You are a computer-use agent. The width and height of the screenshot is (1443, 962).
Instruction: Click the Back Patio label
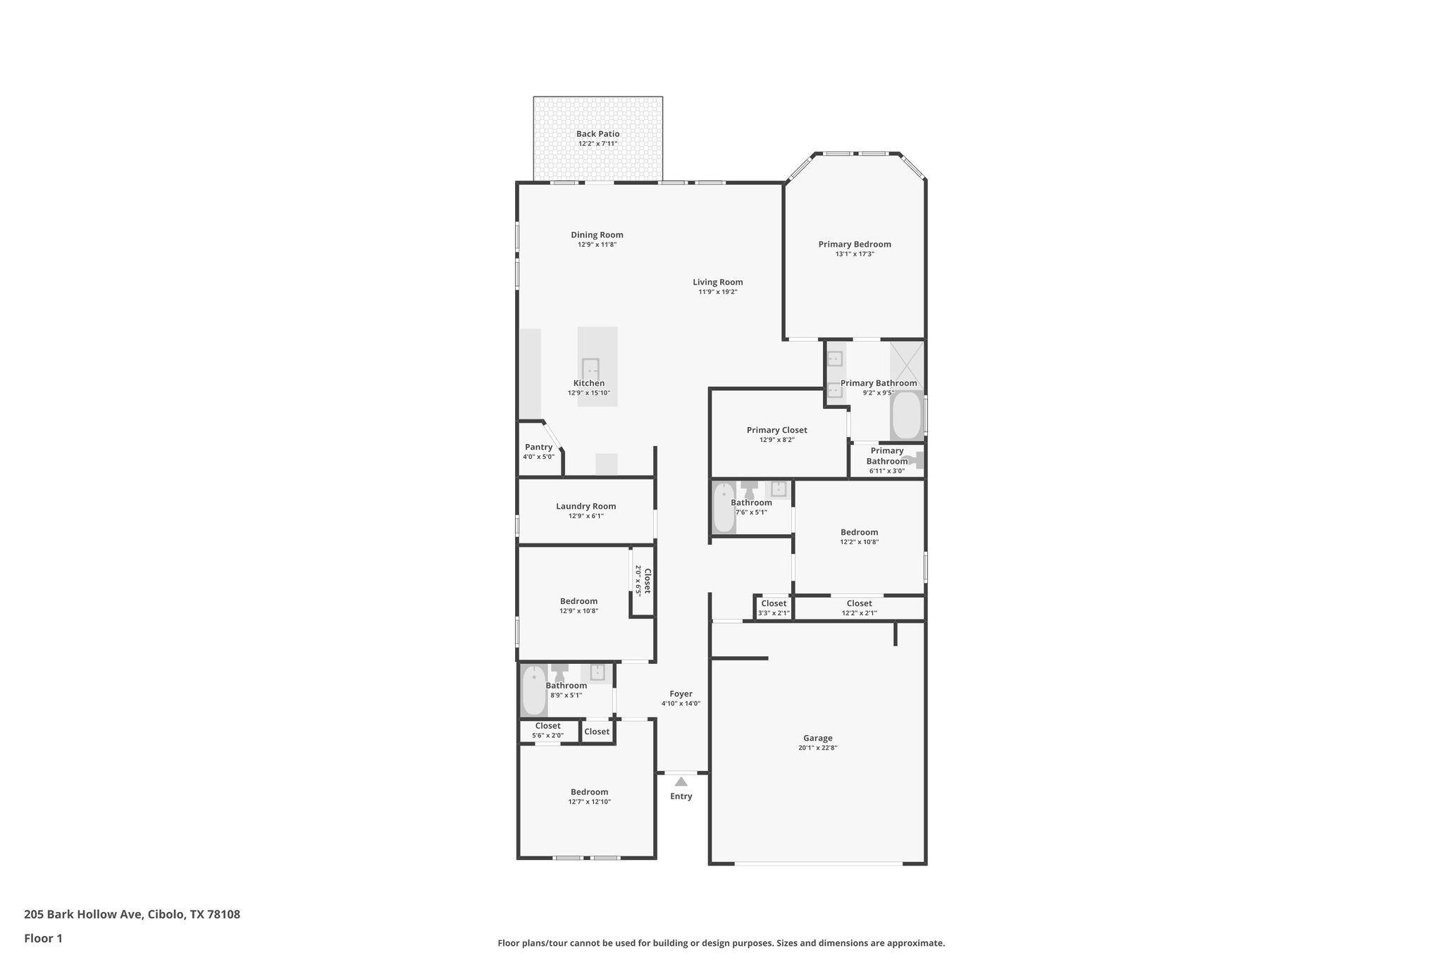pyautogui.click(x=597, y=134)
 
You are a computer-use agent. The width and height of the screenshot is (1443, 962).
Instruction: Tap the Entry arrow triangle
pyautogui.click(x=681, y=782)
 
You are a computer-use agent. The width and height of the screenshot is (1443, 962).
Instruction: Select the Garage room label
pyautogui.click(x=817, y=739)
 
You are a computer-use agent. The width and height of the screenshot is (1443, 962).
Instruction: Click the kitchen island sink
pyautogui.click(x=590, y=367)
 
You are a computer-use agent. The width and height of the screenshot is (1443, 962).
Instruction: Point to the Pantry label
pyautogui.click(x=538, y=447)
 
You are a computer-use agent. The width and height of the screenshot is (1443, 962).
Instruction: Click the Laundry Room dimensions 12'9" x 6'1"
pyautogui.click(x=586, y=516)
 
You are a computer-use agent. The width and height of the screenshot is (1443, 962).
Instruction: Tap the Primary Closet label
pyautogui.click(x=776, y=430)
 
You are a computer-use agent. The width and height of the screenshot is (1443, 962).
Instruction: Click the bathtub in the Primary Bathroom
pyautogui.click(x=907, y=417)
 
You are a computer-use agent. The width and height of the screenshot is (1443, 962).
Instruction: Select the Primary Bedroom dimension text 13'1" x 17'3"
pyautogui.click(x=855, y=254)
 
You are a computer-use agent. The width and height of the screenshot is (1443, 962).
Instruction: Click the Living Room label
pyautogui.click(x=717, y=282)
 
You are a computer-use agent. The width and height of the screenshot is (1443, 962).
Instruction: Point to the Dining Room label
pyautogui.click(x=597, y=235)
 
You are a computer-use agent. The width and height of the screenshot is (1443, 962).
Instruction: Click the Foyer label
pyautogui.click(x=681, y=693)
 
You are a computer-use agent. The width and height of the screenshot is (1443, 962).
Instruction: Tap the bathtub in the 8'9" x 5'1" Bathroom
pyautogui.click(x=533, y=690)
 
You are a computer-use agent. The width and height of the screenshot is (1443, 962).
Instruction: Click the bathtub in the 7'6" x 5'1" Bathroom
pyautogui.click(x=724, y=507)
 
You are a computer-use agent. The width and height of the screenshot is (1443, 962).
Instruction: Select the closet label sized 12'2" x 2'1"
pyautogui.click(x=859, y=603)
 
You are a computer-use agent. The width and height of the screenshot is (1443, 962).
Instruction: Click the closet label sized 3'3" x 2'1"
pyautogui.click(x=773, y=603)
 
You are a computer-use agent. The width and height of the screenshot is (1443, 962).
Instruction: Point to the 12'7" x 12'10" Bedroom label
pyautogui.click(x=589, y=791)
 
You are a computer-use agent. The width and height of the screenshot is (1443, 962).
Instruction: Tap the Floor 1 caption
pyautogui.click(x=43, y=938)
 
